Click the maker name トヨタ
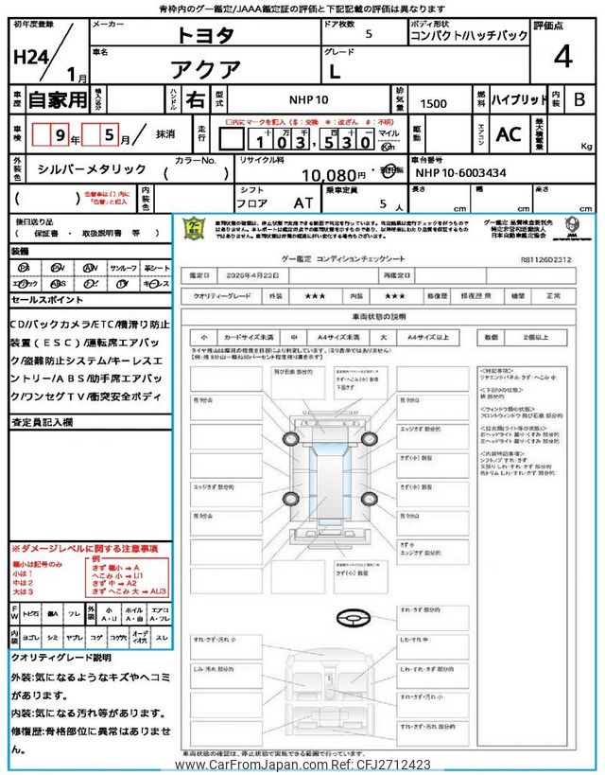coord(203,36)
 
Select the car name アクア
coord(203,67)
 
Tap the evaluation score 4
coord(562,57)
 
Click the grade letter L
coord(416,68)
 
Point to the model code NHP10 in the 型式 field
coord(308,99)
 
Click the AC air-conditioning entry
coord(508,134)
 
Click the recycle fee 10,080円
coord(332,175)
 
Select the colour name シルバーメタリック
coord(93,168)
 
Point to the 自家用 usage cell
coord(56,99)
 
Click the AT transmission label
coord(302,203)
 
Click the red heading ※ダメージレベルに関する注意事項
coord(84,549)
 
